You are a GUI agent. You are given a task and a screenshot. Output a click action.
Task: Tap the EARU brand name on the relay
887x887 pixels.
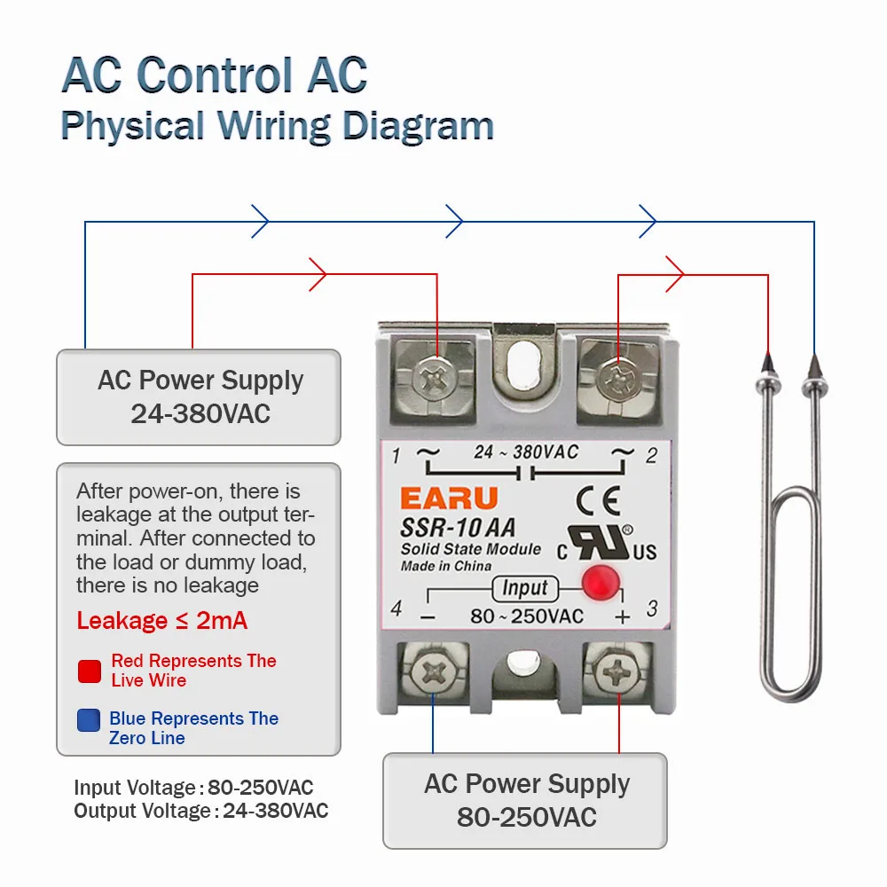coord(449,498)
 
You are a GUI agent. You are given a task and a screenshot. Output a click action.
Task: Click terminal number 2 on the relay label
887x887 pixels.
coord(651,457)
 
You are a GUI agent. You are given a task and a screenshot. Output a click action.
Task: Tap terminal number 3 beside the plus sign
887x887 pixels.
coord(651,609)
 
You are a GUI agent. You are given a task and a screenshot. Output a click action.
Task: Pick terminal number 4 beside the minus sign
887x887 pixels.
coord(396,610)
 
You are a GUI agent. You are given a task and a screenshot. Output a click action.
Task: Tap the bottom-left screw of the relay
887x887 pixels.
coord(434,671)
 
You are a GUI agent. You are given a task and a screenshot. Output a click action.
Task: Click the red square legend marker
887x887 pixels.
coord(89,671)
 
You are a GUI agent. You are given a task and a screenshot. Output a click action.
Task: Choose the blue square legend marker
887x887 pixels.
coord(89,720)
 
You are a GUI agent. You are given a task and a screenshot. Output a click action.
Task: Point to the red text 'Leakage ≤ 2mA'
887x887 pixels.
coord(162,621)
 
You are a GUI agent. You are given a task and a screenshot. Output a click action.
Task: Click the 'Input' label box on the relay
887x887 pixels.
coord(525,587)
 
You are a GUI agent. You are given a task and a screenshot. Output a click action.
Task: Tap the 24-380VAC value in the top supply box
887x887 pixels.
coord(200,413)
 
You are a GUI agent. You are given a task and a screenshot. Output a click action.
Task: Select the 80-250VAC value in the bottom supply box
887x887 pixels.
coord(527,817)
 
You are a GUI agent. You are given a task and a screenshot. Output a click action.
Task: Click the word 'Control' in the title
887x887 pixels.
coord(215,75)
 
